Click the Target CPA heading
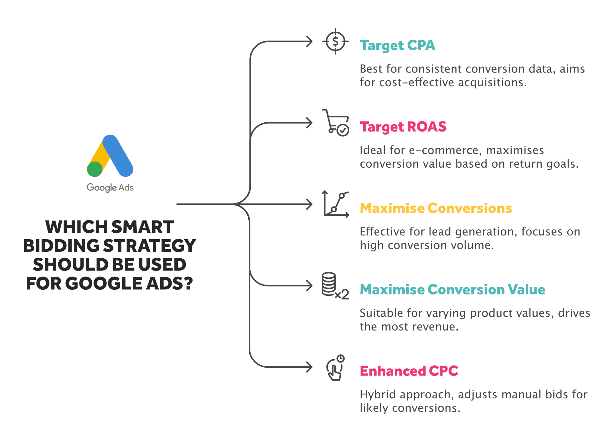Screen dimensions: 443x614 click(397, 46)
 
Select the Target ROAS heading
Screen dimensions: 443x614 click(403, 127)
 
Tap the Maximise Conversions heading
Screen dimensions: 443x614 click(436, 208)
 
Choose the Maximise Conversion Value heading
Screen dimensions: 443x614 click(452, 290)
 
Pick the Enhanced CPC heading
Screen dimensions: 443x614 click(409, 371)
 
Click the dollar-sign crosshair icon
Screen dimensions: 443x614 click(335, 42)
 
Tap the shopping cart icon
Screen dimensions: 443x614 click(336, 123)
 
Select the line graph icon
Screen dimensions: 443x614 click(336, 204)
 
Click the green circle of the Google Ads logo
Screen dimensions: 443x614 click(94, 169)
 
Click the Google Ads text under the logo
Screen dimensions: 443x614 click(110, 187)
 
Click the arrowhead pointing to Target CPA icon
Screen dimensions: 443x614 click(309, 42)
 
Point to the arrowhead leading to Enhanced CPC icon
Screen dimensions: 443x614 click(309, 367)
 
